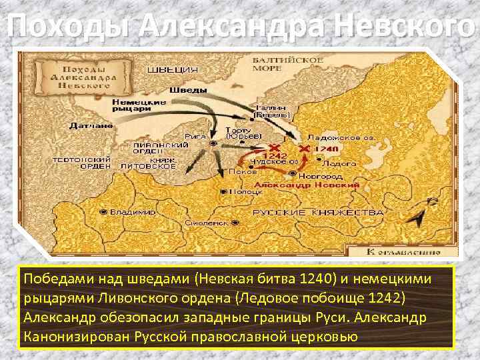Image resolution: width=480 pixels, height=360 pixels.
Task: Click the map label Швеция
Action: (172, 69)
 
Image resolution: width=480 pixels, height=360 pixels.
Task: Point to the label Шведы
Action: (183, 89)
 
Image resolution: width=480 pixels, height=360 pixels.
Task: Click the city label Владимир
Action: (133, 212)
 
